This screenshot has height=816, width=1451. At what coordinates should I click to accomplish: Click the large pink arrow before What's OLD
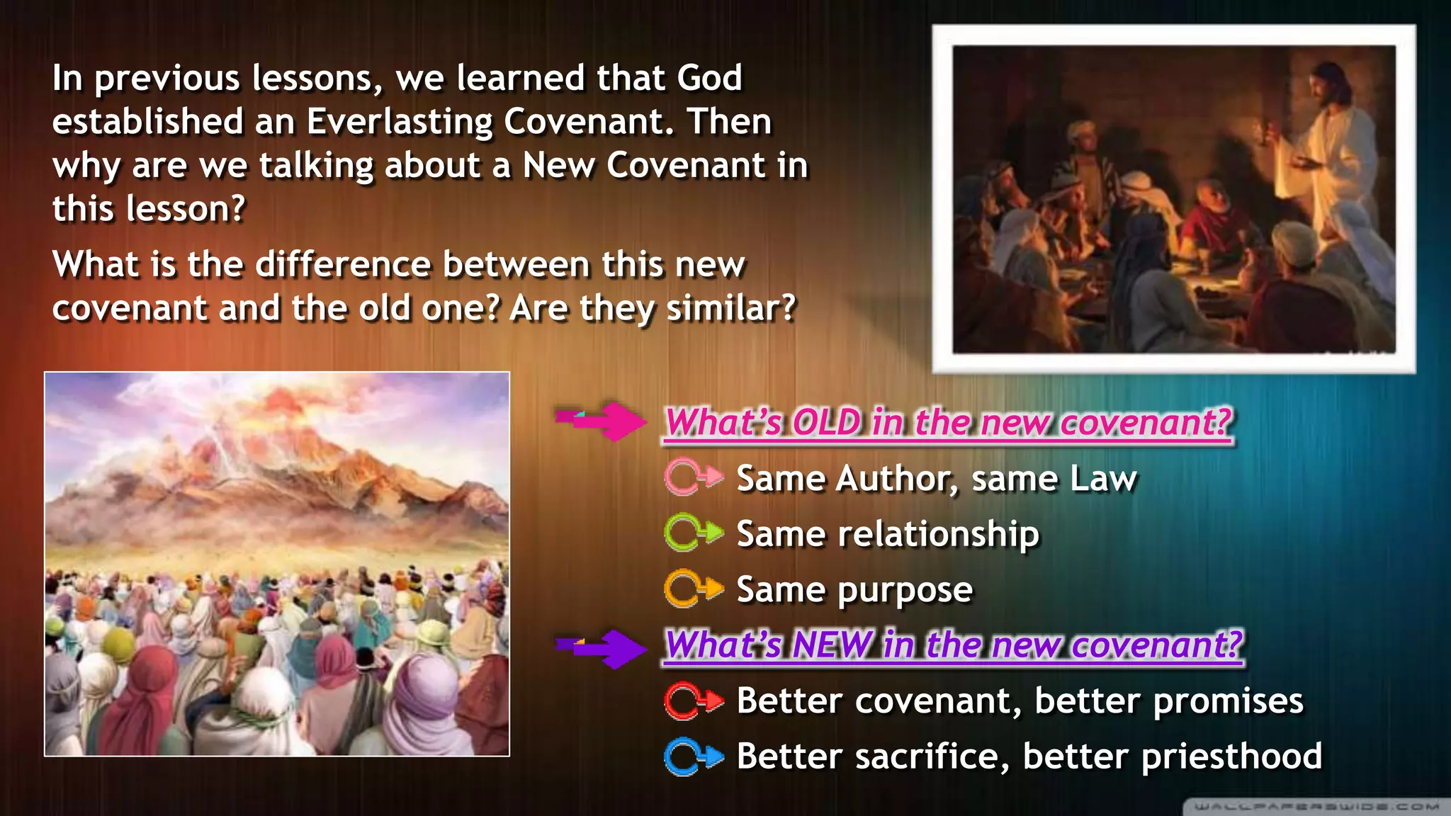(x=602, y=421)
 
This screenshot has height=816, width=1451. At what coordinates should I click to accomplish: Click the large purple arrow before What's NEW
(x=602, y=647)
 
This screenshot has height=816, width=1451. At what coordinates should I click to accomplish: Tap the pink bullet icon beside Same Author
(x=693, y=477)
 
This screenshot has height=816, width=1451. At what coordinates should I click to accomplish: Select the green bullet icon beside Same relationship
(x=693, y=533)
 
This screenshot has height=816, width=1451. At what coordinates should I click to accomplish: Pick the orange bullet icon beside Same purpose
(x=693, y=589)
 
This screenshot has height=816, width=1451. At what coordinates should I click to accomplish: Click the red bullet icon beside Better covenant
(x=693, y=701)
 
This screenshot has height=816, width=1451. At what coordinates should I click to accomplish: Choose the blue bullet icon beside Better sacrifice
(x=693, y=756)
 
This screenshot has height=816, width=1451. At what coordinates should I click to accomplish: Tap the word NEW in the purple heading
(x=832, y=645)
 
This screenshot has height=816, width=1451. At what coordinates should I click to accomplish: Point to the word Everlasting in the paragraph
(x=399, y=122)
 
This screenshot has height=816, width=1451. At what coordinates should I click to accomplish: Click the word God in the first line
(x=708, y=78)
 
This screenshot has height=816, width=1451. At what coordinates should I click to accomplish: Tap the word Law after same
(x=1102, y=479)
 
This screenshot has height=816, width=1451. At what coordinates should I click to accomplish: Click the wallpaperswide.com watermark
(x=1316, y=806)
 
